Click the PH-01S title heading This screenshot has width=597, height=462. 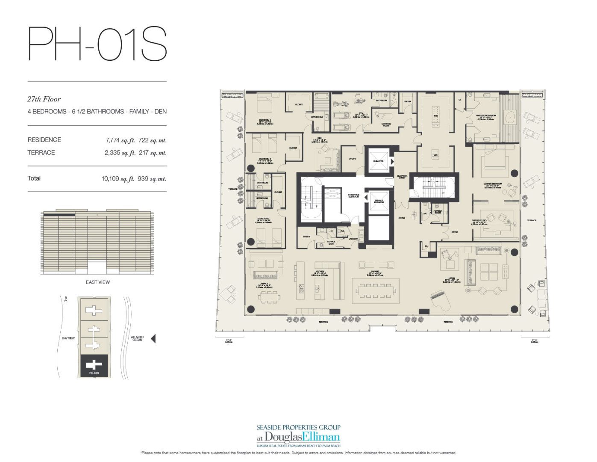point(97,44)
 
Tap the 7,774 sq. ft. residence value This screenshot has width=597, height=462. point(120,140)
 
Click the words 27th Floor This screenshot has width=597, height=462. point(44,99)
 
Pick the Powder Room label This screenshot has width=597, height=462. point(438,211)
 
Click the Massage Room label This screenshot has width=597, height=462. point(386,124)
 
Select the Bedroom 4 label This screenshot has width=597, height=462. point(265,120)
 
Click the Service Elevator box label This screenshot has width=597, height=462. point(379,201)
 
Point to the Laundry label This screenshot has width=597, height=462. point(353,239)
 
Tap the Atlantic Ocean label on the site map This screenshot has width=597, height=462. point(138,338)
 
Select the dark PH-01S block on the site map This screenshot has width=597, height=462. point(94,366)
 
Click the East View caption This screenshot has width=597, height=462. point(97,282)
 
